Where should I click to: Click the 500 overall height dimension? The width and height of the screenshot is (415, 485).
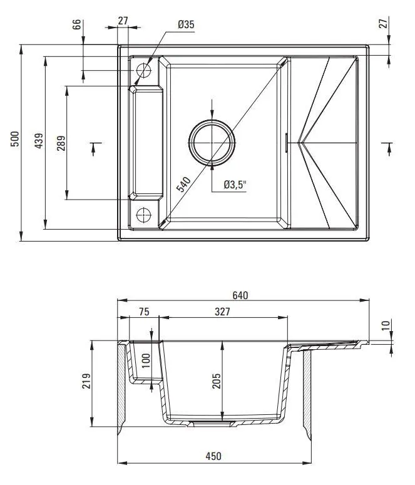pos(15,139)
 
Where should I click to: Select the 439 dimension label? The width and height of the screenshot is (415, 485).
pos(39,141)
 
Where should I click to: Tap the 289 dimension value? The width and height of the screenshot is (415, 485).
pos(61,143)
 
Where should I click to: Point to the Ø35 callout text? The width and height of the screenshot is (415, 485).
pos(186,24)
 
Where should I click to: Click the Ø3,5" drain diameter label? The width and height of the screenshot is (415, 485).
pos(235,185)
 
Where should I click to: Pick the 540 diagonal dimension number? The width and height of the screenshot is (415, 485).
pos(183,185)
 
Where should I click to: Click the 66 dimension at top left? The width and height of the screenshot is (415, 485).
pos(76,24)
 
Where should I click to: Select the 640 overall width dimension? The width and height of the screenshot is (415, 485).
pos(240,295)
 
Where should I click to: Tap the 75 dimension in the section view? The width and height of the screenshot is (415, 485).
pos(144,312)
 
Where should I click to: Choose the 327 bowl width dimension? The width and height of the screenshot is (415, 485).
pos(222,312)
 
